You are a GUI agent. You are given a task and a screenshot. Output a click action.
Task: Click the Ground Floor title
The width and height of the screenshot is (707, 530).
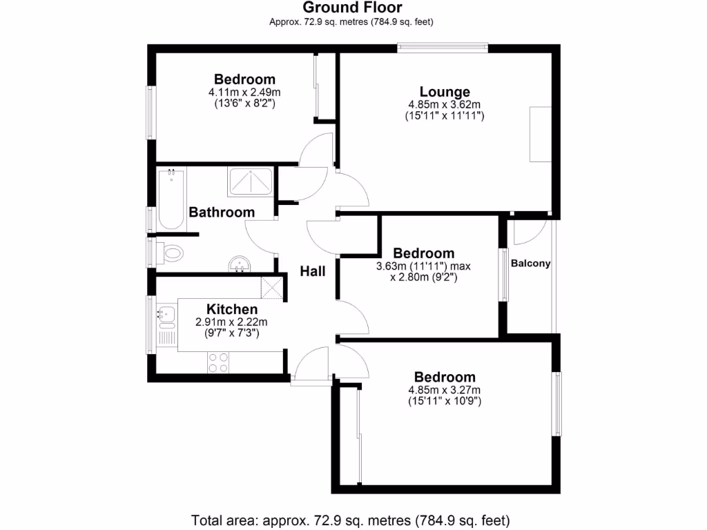353,8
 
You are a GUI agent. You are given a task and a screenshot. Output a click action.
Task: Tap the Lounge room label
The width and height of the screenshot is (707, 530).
445,92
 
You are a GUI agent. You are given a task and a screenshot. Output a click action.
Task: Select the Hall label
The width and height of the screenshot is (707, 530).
313,271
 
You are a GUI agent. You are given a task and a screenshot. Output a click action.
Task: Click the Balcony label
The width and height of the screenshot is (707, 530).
530,263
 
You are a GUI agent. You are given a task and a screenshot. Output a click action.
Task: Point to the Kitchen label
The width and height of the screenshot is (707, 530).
232,309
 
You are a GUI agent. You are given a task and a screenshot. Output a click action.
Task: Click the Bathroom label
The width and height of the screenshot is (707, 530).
222,212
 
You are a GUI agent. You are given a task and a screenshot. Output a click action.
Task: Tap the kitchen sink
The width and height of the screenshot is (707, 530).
166,315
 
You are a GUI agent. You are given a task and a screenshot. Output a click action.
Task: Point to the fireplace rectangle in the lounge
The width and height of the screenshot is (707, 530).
540,135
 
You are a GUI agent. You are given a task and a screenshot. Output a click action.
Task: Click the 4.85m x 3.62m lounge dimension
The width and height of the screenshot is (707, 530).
444,105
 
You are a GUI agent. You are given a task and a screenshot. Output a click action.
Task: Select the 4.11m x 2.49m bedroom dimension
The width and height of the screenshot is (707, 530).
244,92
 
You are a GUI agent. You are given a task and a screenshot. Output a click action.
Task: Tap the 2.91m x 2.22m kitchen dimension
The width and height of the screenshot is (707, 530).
232,322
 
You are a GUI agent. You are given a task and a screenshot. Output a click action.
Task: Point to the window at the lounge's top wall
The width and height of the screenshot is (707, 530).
443,47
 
